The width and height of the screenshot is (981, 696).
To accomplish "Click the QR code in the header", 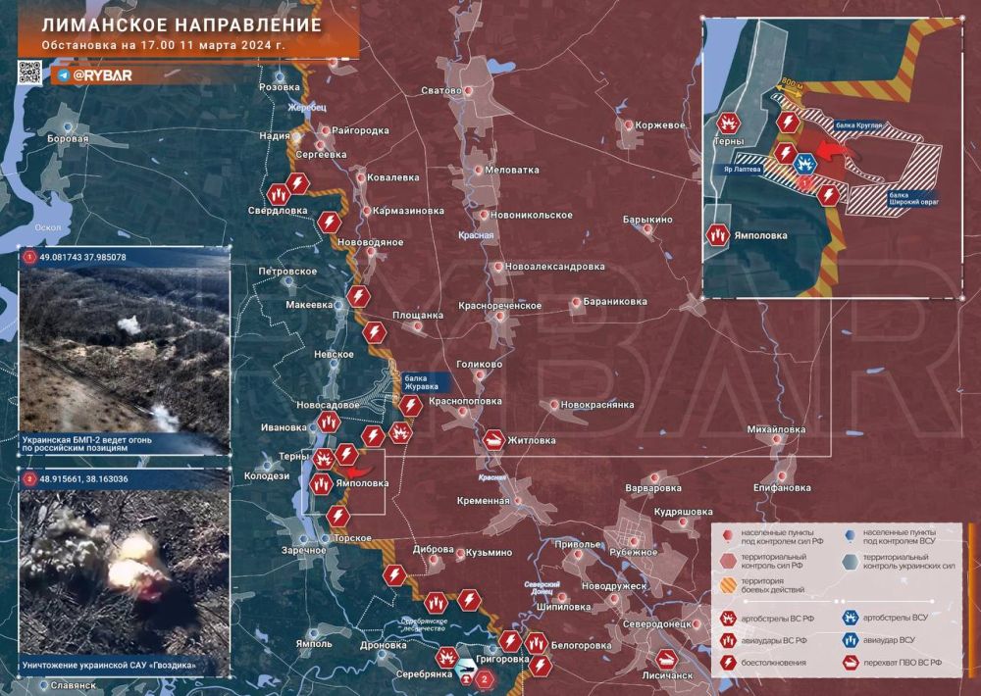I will (x=30, y=72).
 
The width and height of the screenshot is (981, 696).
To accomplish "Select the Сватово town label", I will (x=440, y=90).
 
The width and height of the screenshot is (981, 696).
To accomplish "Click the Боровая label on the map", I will (x=68, y=139).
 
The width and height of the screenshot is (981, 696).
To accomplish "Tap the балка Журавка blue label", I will (x=423, y=380).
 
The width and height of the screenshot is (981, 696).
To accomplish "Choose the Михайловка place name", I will (x=776, y=429).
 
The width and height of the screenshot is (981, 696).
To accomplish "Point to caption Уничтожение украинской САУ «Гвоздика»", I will (x=117, y=667).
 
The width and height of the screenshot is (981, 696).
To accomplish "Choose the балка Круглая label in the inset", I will (x=860, y=126).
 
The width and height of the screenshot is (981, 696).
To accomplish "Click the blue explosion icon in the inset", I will (x=805, y=162).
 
